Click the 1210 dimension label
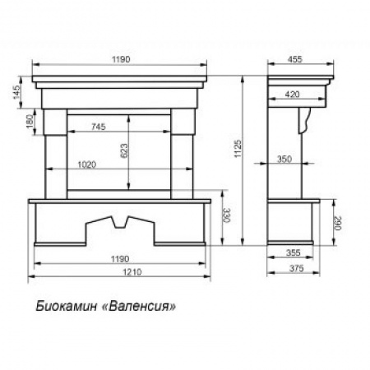point(132,272)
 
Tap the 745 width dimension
point(99,127)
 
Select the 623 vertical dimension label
point(124,150)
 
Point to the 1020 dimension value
point(87,164)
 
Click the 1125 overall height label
point(238,149)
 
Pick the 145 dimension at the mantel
point(16,92)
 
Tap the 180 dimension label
point(30,121)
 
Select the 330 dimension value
point(227,215)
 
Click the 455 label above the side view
point(295,59)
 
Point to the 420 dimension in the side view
point(292,95)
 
